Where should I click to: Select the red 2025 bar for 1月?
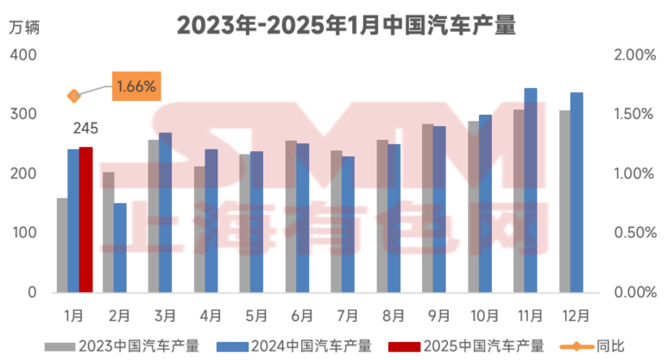tap(85, 220)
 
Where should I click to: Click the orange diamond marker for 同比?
tap(74, 96)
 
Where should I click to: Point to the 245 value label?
tap(85, 129)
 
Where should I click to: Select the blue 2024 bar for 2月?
tap(120, 248)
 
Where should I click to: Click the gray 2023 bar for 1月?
tap(62, 245)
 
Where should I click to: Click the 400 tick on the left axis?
tap(24, 55)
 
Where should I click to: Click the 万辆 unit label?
tap(24, 25)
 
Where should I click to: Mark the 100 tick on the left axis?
tap(24, 233)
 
